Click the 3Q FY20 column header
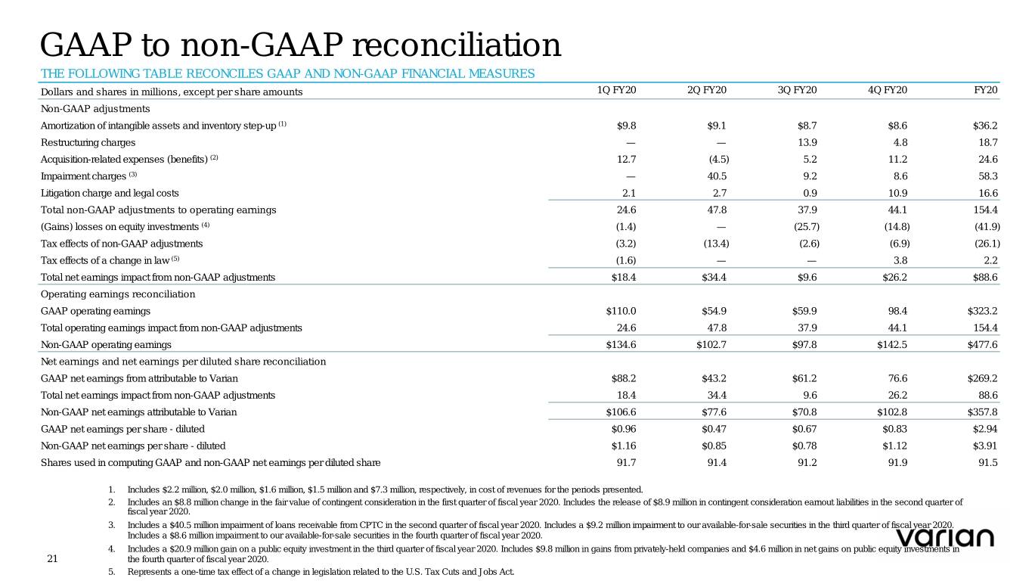pyautogui.click(x=798, y=91)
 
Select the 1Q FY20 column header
pyautogui.click(x=616, y=91)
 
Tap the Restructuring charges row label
pyautogui.click(x=88, y=142)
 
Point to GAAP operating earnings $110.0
pyautogui.click(x=622, y=311)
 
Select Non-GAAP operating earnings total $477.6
pyautogui.click(x=983, y=344)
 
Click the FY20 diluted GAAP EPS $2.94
pyautogui.click(x=985, y=429)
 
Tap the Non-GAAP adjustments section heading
pyautogui.click(x=95, y=108)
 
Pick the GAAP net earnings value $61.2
pyautogui.click(x=801, y=377)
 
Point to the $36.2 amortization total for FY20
pyautogui.click(x=985, y=126)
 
